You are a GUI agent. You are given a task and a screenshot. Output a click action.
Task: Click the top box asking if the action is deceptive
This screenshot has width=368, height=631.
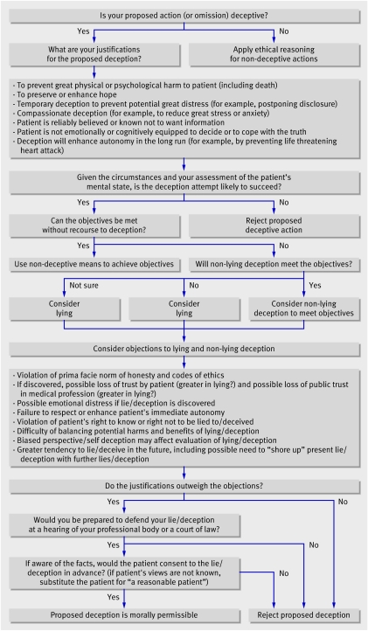coord(184,16)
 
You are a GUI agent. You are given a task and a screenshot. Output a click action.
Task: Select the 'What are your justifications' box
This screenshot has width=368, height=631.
coord(94,54)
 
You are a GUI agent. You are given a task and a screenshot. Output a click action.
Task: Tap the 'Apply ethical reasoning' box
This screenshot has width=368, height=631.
coord(274,54)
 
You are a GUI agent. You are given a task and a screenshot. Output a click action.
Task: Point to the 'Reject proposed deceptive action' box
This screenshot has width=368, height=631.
coord(274,225)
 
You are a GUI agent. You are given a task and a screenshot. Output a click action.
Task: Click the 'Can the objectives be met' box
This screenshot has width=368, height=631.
coord(94,225)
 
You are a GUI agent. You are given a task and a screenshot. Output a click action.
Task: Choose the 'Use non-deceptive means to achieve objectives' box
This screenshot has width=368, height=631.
coord(94,265)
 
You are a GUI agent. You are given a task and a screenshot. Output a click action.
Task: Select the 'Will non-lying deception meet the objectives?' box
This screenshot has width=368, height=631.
coord(274,265)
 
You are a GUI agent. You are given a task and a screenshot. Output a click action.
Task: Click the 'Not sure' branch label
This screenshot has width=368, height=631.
coord(84,285)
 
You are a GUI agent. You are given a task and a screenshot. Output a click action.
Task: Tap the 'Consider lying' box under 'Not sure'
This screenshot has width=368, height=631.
coord(65,309)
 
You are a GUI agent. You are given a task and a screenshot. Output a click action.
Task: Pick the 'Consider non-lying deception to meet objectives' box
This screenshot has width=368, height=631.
coord(303,309)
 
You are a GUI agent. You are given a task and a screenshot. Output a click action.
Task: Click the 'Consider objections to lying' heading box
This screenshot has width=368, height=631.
coord(184,349)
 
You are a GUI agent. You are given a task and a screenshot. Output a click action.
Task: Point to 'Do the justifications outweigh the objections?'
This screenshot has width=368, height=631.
coord(184,486)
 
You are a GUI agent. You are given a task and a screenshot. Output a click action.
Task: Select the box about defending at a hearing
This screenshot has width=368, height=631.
coord(124,525)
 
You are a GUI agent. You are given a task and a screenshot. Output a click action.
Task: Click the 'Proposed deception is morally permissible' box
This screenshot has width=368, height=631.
coord(124,615)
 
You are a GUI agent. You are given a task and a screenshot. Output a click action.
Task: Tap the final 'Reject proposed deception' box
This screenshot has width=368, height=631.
coord(303,615)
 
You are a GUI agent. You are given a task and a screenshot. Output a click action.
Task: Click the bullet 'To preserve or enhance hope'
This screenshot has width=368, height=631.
coord(66,94)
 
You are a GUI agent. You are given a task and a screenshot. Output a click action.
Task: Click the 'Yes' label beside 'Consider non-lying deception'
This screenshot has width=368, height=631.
coord(315,285)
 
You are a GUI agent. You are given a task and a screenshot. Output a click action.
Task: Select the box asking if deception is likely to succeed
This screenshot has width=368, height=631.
coord(184,183)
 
